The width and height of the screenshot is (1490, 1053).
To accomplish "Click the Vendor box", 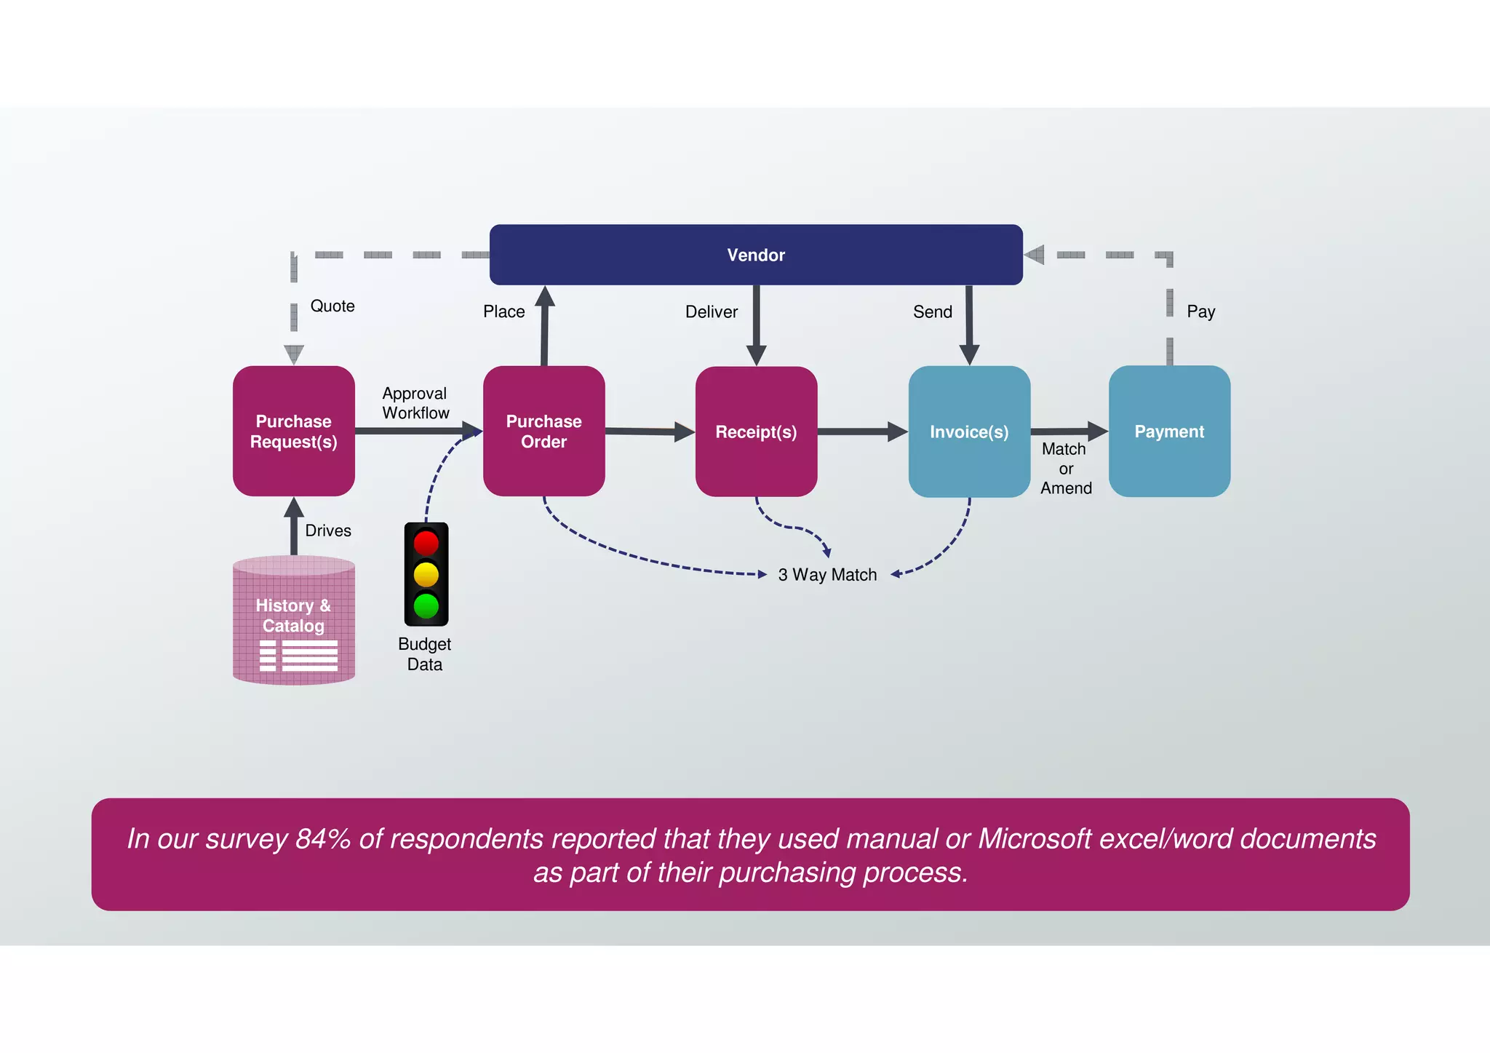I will click(756, 255).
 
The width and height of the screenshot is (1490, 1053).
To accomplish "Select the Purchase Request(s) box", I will click(293, 431).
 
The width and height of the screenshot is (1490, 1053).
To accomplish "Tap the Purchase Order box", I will click(543, 431).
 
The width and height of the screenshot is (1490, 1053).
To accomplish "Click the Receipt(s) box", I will click(756, 432).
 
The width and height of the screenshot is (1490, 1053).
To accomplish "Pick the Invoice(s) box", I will click(969, 432).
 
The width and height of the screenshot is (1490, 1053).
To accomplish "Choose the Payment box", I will click(1169, 432).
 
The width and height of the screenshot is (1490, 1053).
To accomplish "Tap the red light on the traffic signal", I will click(426, 543).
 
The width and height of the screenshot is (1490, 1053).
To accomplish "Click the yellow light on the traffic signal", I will click(426, 574).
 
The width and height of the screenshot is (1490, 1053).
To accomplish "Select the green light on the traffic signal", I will click(426, 605).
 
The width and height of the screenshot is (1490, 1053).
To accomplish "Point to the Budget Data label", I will click(425, 654).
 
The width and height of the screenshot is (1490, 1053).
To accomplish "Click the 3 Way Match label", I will click(827, 575).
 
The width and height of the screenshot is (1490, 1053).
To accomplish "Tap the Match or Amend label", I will click(1066, 469).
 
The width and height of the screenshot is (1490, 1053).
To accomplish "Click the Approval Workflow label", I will click(415, 403).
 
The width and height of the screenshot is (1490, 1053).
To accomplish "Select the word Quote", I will click(332, 306).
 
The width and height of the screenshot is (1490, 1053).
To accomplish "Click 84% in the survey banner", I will click(323, 839).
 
